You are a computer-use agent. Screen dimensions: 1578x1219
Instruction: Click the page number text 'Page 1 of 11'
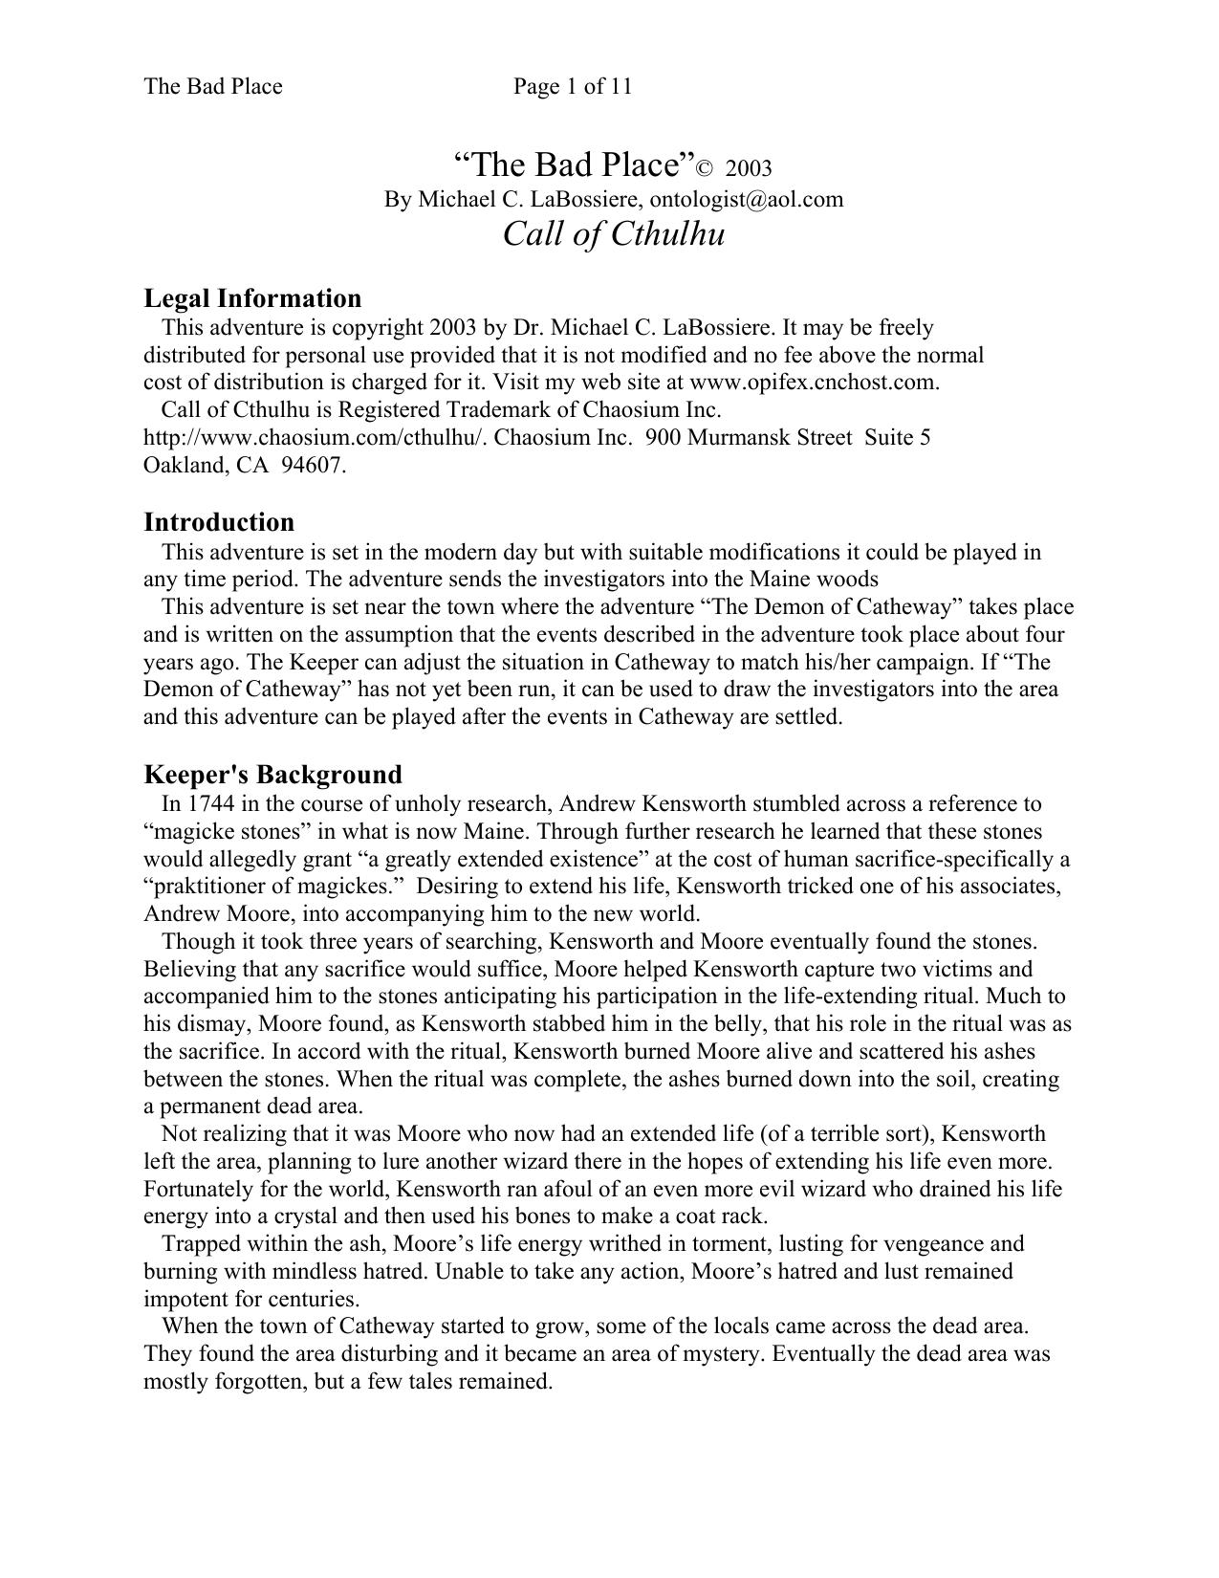pyautogui.click(x=572, y=87)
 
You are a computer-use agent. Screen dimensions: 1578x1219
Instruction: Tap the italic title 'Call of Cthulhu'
pyautogui.click(x=614, y=233)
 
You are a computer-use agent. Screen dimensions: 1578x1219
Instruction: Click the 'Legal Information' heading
pyautogui.click(x=252, y=298)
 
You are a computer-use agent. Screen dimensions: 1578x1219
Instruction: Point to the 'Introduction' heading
pyautogui.click(x=219, y=522)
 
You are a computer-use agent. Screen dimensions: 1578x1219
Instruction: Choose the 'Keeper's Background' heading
pyautogui.click(x=272, y=774)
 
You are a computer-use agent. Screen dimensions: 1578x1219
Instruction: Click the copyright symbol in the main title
pyautogui.click(x=704, y=170)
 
